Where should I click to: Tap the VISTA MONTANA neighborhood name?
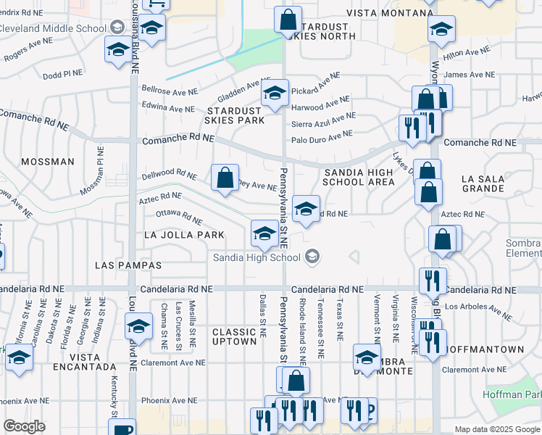pyautogui.click(x=389, y=13)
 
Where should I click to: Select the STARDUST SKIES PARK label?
pyautogui.click(x=235, y=115)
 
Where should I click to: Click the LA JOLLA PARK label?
pyautogui.click(x=184, y=235)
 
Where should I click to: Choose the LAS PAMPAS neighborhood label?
pyautogui.click(x=128, y=266)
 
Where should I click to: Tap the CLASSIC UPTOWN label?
pyautogui.click(x=234, y=336)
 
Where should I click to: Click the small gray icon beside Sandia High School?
pyautogui.click(x=312, y=257)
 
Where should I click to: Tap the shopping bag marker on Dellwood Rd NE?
pyautogui.click(x=225, y=176)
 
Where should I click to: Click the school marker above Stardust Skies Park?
pyautogui.click(x=275, y=93)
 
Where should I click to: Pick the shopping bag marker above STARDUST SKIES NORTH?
pyautogui.click(x=288, y=18)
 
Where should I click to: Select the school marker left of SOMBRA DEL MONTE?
pyautogui.click(x=367, y=357)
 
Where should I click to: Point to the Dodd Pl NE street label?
pyautogui.click(x=62, y=75)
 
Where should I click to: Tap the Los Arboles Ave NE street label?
pyautogui.click(x=479, y=310)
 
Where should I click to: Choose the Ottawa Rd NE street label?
pyautogui.click(x=179, y=216)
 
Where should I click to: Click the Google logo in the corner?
pyautogui.click(x=24, y=426)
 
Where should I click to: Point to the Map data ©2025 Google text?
pyautogui.click(x=497, y=429)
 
